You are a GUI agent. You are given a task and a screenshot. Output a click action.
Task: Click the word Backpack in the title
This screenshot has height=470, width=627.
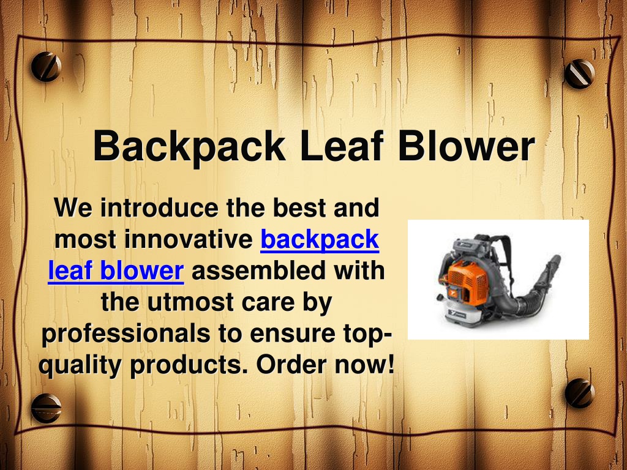click(x=189, y=146)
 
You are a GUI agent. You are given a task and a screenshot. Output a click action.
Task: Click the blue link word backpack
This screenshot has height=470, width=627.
click(x=320, y=240)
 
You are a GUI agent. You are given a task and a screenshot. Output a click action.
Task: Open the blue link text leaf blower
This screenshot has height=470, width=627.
click(x=116, y=270)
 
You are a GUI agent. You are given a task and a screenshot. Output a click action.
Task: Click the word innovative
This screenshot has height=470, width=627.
click(x=189, y=239)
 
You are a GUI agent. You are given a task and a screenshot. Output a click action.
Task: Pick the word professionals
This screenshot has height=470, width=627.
click(x=126, y=334)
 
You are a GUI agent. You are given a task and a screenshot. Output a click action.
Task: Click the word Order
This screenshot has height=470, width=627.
click(x=291, y=365)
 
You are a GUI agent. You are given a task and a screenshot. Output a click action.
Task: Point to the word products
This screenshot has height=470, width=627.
click(x=189, y=365)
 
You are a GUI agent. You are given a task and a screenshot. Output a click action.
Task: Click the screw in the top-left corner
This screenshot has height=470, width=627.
click(x=46, y=67)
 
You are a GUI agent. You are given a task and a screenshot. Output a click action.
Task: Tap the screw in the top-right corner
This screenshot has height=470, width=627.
click(x=579, y=73)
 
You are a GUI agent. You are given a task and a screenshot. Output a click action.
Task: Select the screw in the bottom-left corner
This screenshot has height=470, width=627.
click(x=47, y=408)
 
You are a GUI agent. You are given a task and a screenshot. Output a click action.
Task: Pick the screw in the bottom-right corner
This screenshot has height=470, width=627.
click(x=579, y=393)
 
